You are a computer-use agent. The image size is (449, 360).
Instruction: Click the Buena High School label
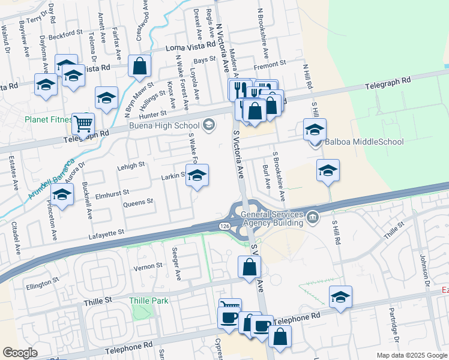165,126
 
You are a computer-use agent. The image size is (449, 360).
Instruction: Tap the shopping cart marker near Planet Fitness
83,125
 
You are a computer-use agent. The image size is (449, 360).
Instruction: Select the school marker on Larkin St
196,176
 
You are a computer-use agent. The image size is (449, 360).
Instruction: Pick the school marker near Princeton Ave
61,195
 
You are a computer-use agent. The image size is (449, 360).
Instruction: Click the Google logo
20,353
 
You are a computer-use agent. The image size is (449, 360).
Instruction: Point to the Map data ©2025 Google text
411,355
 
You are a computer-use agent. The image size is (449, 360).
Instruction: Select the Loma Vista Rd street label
190,46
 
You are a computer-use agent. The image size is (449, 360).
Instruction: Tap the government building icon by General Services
312,217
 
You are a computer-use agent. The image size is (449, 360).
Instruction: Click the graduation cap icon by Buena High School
209,125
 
